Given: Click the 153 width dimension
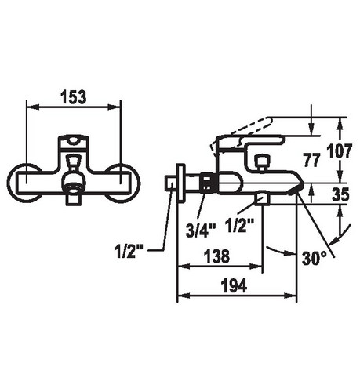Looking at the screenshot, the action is [x=74, y=97].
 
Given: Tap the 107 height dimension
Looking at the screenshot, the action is [x=340, y=151].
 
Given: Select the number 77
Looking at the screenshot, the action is [x=311, y=160].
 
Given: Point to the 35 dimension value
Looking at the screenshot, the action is [x=340, y=194].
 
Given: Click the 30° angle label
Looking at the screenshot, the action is [x=315, y=258].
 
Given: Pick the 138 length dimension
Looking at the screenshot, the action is [x=216, y=256].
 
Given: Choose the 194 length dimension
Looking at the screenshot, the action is [x=234, y=285].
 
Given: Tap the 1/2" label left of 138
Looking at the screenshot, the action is [x=129, y=252].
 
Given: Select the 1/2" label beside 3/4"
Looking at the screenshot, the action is [x=240, y=225].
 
